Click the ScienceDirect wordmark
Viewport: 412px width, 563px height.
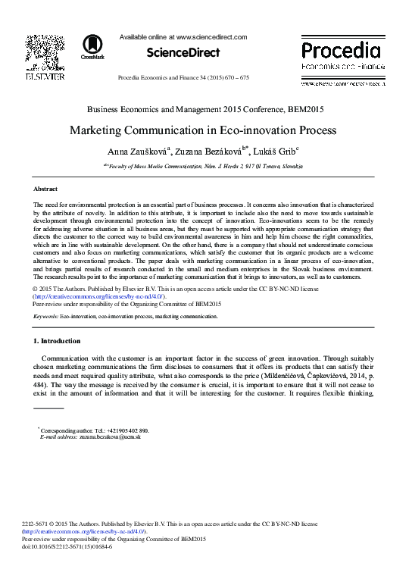click(x=183, y=53)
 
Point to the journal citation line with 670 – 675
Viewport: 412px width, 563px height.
click(x=183, y=78)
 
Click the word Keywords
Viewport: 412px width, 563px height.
click(x=45, y=316)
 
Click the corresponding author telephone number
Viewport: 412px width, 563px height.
click(x=123, y=430)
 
